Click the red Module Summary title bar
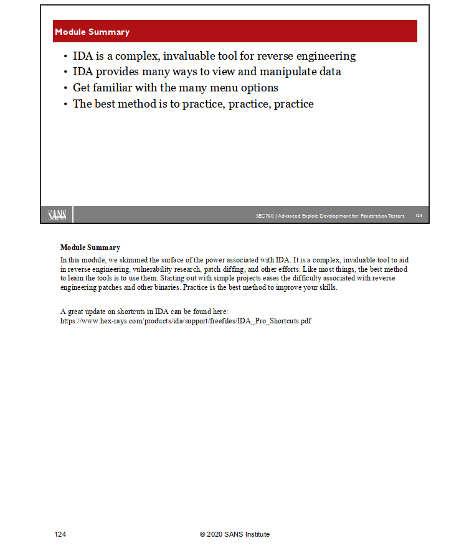point(235,31)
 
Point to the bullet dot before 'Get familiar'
point(66,88)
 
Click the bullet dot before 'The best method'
point(66,104)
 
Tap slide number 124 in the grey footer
point(419,216)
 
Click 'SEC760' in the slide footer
point(265,216)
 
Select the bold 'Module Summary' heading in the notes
point(90,248)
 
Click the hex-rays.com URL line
point(186,320)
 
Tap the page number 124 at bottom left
point(60,534)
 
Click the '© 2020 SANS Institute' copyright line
point(235,534)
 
